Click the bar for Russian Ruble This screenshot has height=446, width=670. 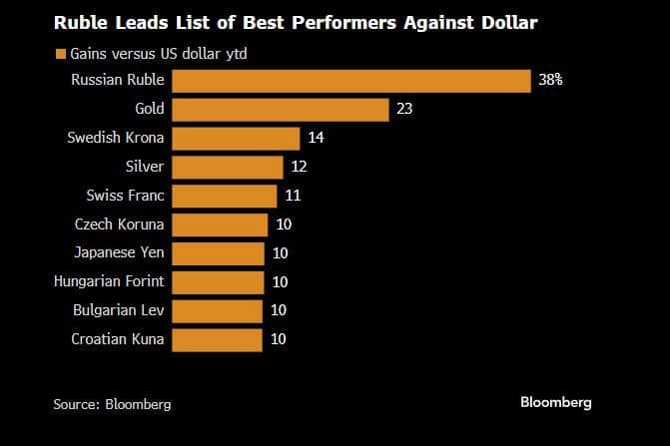(350, 80)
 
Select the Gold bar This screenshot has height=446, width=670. (280, 109)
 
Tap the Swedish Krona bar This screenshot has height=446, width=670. (236, 138)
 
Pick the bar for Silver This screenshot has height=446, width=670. (227, 167)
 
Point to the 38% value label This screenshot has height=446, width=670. (550, 80)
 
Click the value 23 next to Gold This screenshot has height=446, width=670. (404, 109)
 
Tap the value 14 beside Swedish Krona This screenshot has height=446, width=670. (316, 138)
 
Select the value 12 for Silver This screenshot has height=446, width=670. (300, 167)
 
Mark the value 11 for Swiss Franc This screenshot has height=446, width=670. (293, 196)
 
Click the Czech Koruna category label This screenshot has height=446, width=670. (120, 224)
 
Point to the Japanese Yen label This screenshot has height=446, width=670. (120, 252)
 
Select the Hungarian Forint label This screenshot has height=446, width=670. (109, 281)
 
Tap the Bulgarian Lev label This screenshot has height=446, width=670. (119, 310)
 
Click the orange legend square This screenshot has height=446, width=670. (59, 54)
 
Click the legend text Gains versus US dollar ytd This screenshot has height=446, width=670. (159, 54)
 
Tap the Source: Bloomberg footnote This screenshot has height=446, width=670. (112, 404)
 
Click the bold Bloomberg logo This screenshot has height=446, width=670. (556, 402)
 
